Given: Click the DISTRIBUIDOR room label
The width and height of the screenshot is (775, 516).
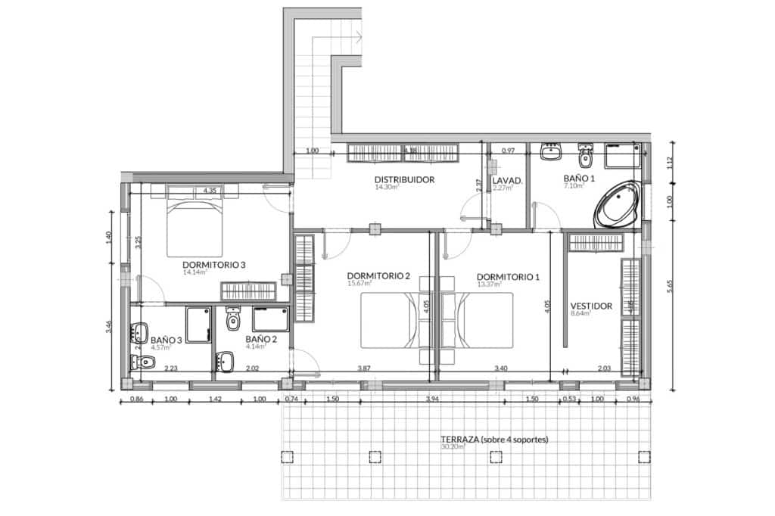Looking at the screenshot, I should (x=403, y=180).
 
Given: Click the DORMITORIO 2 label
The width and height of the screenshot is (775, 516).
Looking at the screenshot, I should (x=378, y=276).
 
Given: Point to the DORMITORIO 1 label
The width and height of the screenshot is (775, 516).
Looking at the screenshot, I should (x=508, y=277).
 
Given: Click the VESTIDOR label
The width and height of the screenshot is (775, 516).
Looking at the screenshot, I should (x=590, y=306).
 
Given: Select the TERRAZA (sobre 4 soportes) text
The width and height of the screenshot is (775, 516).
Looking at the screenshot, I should (x=493, y=439).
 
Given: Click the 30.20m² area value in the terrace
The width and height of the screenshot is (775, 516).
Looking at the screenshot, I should (x=451, y=447).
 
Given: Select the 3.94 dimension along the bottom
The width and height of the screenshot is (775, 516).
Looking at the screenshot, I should (x=432, y=399).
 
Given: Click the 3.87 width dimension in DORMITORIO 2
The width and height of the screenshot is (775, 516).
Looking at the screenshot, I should (x=364, y=368).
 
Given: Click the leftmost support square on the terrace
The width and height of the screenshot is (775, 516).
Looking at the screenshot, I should (x=287, y=456).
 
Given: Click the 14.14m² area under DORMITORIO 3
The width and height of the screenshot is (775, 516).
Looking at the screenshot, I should (x=195, y=272).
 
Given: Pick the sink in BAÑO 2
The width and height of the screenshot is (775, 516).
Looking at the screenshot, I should (x=226, y=362).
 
